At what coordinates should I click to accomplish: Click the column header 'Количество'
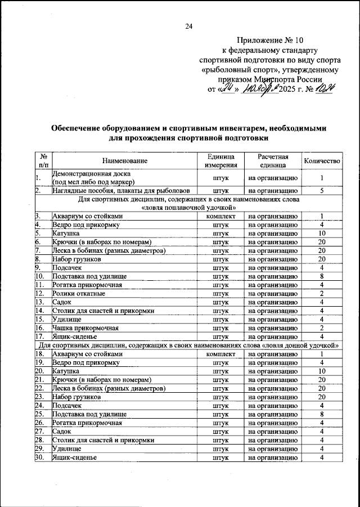pyautogui.click(x=322, y=161)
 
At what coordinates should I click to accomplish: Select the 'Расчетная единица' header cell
pyautogui.click(x=273, y=161)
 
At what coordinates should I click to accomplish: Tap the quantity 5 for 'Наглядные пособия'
pyautogui.click(x=322, y=191)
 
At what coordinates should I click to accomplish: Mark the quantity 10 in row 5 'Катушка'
pyautogui.click(x=322, y=232)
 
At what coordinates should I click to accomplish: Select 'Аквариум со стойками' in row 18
pyautogui.click(x=87, y=353)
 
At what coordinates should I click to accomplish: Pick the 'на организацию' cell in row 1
pyautogui.click(x=273, y=178)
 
